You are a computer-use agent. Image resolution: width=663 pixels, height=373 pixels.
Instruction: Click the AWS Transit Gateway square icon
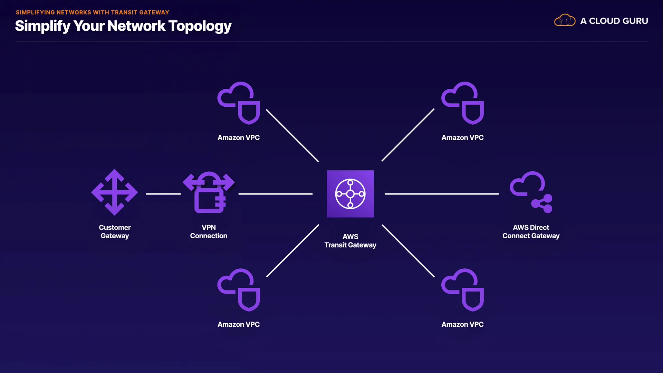tap(350, 194)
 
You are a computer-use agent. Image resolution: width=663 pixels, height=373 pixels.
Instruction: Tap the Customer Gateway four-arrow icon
tap(114, 192)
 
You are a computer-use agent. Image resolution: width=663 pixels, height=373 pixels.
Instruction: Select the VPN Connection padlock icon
tap(209, 193)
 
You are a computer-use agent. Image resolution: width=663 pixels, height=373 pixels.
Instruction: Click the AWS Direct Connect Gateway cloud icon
tap(531, 192)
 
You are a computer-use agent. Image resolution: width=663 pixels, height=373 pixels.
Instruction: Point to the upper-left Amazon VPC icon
tap(239, 103)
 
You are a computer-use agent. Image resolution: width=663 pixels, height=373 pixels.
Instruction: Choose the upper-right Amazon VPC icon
tap(462, 103)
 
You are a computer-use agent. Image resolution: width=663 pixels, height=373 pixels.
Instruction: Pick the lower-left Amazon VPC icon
tap(239, 290)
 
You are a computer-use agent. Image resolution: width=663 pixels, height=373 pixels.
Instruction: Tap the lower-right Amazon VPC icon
tap(462, 290)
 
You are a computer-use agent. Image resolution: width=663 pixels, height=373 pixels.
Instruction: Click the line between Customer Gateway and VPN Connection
tap(163, 194)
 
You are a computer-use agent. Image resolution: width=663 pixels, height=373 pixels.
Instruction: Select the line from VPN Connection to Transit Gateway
tap(275, 194)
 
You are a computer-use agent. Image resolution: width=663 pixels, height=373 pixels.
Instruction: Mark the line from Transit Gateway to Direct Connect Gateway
tap(442, 194)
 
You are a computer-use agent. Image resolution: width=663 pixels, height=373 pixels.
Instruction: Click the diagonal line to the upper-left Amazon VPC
tap(292, 135)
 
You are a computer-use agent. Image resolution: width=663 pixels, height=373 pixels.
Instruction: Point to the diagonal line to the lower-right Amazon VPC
tap(408, 251)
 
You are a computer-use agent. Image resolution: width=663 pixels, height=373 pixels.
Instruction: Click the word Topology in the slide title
tap(200, 26)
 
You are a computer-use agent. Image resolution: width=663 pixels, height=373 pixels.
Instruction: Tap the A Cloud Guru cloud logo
tap(565, 21)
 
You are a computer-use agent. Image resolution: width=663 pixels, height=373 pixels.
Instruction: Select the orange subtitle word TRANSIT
tap(124, 12)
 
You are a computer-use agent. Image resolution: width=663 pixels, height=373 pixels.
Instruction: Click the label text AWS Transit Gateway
tap(350, 241)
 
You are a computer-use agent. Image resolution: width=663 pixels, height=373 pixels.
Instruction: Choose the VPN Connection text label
tap(209, 232)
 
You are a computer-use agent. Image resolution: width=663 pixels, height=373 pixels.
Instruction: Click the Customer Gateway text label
tap(115, 232)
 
